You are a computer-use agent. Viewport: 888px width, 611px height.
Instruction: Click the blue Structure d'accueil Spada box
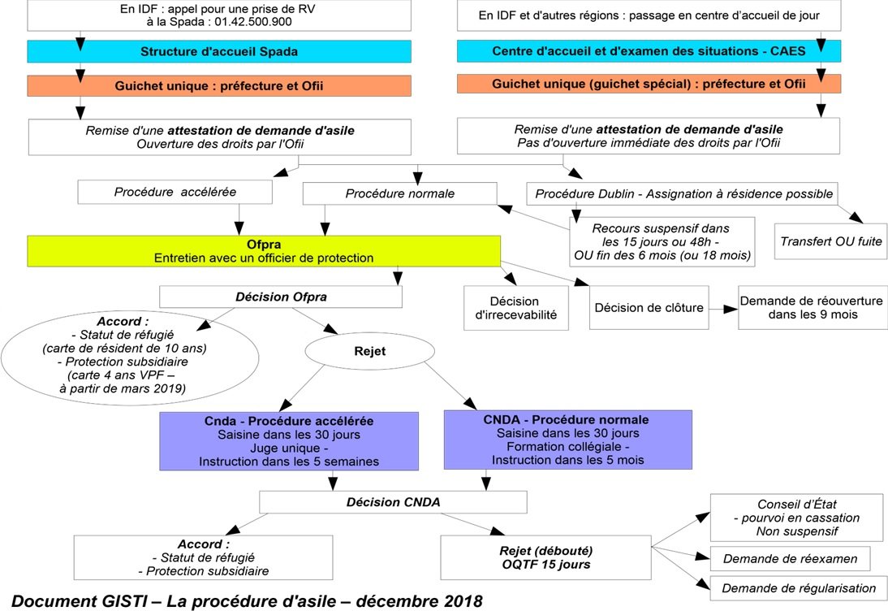(219, 51)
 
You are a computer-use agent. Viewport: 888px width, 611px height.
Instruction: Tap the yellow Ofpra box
(264, 250)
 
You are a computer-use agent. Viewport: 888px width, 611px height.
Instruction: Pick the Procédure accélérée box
(175, 193)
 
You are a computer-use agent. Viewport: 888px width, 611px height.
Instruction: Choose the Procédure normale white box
(399, 193)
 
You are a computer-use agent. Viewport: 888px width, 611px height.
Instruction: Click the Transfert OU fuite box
(830, 241)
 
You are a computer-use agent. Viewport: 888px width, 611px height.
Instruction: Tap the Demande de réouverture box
(809, 306)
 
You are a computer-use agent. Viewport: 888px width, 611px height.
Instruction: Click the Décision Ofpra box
(281, 297)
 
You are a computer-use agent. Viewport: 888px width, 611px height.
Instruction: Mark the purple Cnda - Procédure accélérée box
(289, 440)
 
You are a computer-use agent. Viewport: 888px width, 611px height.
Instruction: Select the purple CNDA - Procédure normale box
(567, 440)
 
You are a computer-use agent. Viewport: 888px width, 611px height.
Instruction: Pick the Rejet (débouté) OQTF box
(545, 557)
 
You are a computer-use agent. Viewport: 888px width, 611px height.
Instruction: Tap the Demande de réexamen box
(790, 558)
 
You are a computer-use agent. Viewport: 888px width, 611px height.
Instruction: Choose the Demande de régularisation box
(799, 587)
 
